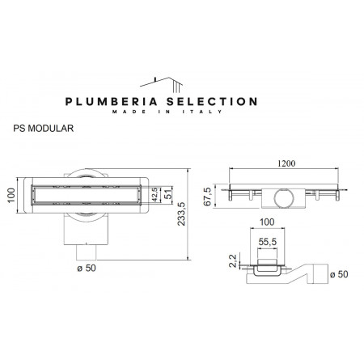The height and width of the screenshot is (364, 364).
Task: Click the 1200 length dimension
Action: pyautogui.click(x=283, y=163)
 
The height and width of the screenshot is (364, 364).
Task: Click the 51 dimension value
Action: pyautogui.click(x=167, y=193)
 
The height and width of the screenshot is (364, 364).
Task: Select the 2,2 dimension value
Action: pyautogui.click(x=233, y=260)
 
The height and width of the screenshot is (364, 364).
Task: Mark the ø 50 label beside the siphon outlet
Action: pyautogui.click(x=344, y=275)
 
